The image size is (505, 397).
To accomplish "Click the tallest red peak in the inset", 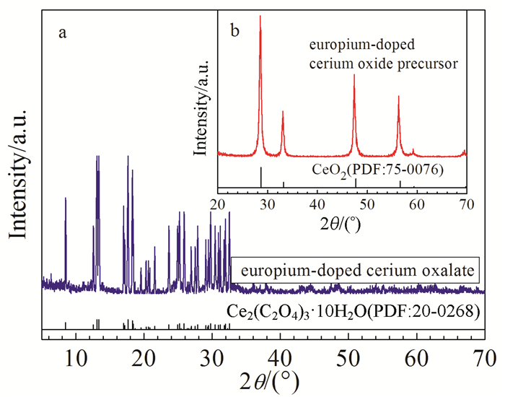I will (x=260, y=17).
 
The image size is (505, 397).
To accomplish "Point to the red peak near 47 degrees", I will (x=354, y=76).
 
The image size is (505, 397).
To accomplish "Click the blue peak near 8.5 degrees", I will (x=66, y=198).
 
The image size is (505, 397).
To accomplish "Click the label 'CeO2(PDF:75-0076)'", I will (x=370, y=171).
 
